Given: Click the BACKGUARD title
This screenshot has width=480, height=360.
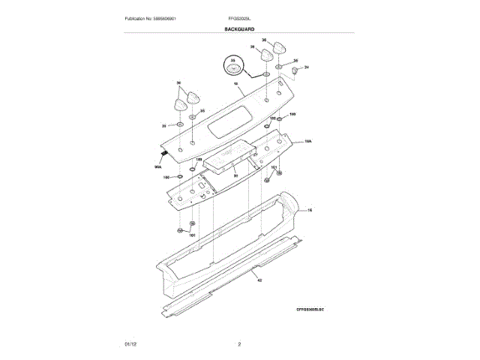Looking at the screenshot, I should click(x=239, y=28).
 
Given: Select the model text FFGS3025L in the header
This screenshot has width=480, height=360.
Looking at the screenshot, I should click(x=238, y=18).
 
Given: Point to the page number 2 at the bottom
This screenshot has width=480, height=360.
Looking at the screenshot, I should click(x=239, y=343).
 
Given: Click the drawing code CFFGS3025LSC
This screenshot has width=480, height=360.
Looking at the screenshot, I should click(x=313, y=310).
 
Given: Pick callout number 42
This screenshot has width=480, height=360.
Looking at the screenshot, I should click(x=259, y=280).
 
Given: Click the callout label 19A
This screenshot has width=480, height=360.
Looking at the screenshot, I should click(x=307, y=141).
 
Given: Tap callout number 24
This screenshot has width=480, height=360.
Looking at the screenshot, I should click(x=307, y=67).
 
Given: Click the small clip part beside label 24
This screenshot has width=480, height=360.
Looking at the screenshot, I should click(x=295, y=70).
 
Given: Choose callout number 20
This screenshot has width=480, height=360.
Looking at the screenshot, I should click(x=235, y=175).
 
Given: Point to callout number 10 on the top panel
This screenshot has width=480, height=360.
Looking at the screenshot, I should click(x=235, y=84).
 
